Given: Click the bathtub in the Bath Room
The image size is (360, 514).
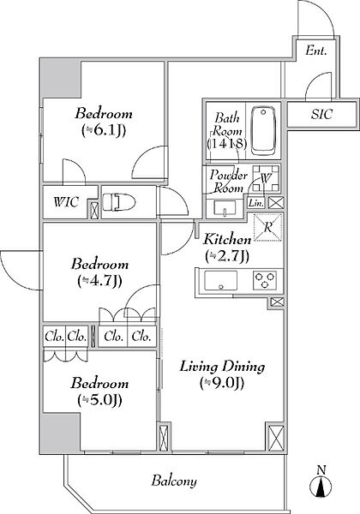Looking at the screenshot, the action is pos(263,131).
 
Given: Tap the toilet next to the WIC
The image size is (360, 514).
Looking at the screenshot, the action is pos(118,202).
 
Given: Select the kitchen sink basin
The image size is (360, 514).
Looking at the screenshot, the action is pos(220,280).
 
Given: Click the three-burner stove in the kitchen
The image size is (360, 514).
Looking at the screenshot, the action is pos(265,281).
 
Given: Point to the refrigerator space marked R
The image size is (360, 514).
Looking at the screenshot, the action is pos(268,227).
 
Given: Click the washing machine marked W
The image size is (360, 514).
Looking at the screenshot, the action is pos(266,179).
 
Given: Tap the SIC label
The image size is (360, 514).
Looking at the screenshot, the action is pos(321,114).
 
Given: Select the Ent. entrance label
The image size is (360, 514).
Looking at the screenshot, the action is pos(316,51).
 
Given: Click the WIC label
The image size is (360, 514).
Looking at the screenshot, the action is pos(66,202).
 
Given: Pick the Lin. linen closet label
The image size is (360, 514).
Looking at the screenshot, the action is pos(255,203).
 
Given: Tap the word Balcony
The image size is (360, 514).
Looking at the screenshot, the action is pos(174,481).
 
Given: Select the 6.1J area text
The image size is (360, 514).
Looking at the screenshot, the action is pos(104,130).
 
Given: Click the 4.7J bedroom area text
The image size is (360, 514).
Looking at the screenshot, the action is pos(100,281).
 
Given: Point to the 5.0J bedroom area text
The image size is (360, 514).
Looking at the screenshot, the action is pos(100,399).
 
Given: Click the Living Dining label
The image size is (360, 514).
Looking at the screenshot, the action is pos(222,367).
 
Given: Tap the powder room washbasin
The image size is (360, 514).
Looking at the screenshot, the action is pos(225,208).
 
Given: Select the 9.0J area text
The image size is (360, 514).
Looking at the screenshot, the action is pos(222,383).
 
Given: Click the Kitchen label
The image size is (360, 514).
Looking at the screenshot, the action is pos(227,239).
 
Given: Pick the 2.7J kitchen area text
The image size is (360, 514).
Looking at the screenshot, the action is pos(227,256).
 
